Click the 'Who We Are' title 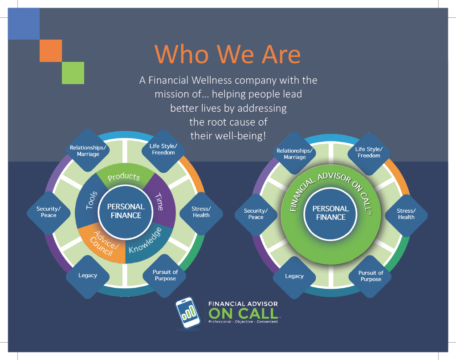(228, 54)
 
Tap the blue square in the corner (24, 24)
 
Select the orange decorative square (50, 50)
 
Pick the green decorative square (73, 73)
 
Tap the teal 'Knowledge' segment (147, 240)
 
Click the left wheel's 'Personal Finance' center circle (126, 211)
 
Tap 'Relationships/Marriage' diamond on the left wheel (85, 151)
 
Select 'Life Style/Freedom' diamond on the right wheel (369, 153)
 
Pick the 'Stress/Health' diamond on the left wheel (201, 212)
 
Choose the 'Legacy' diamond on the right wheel (294, 276)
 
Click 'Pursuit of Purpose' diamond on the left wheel (165, 275)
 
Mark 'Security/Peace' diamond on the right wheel (256, 214)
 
